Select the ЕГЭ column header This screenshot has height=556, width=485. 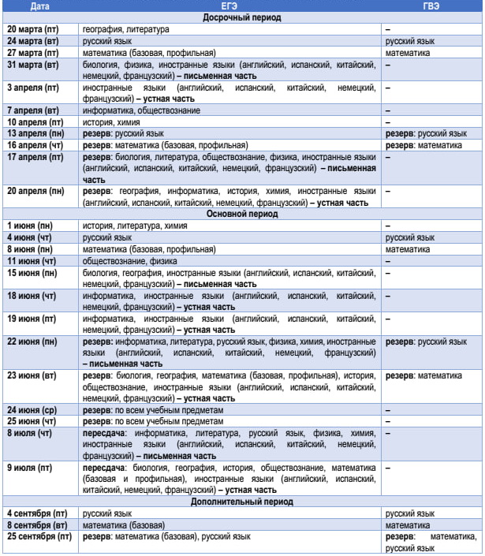point(231,6)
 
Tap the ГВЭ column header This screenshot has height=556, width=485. point(431,6)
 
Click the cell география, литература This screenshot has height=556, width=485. point(125,29)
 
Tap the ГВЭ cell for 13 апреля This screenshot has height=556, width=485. point(426,134)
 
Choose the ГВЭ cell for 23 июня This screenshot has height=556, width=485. point(425,376)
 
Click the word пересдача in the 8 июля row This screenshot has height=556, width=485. point(104,433)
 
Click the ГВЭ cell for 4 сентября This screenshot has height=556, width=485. point(410,513)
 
